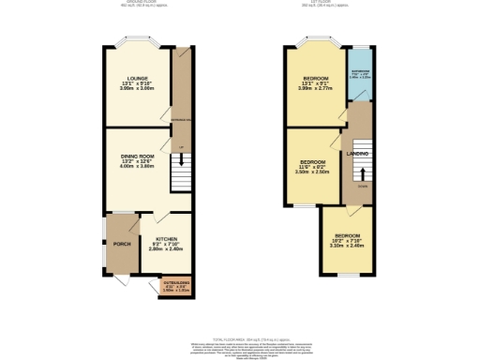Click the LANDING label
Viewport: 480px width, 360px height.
click(x=357, y=153)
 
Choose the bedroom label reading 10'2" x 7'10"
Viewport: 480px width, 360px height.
click(x=347, y=240)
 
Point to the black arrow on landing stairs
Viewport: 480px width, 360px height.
click(x=360, y=173)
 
